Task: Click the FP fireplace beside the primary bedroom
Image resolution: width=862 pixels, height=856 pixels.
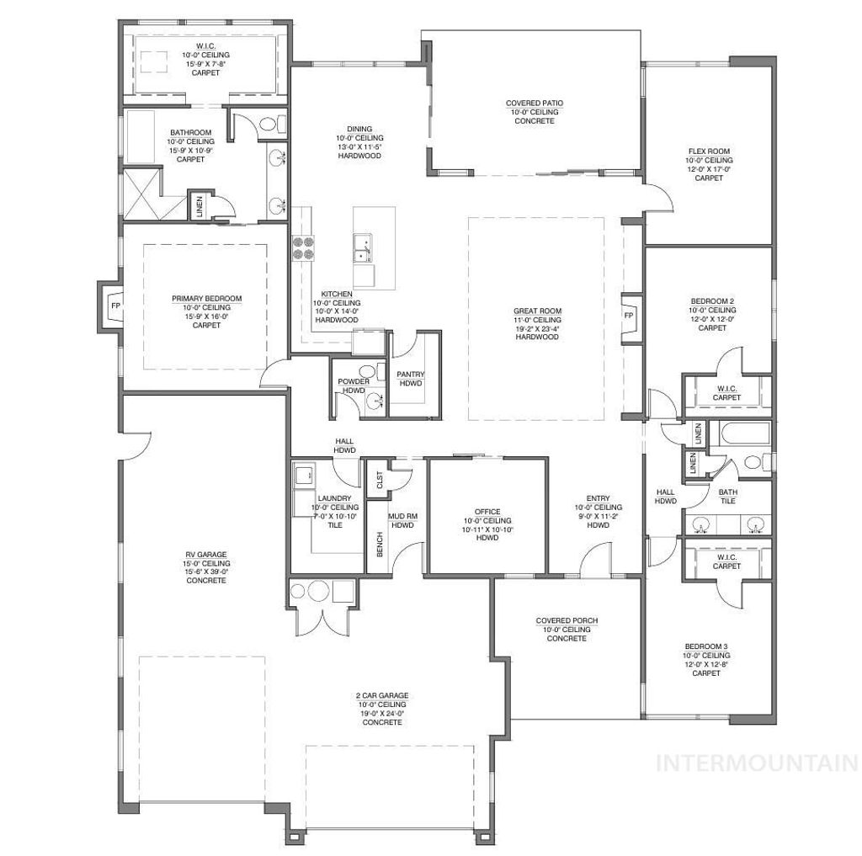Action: tap(114, 306)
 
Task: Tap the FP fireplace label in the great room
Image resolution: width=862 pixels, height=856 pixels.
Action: tap(628, 316)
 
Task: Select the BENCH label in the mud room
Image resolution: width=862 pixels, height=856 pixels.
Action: tap(380, 545)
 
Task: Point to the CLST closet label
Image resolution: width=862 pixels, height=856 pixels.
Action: tap(380, 481)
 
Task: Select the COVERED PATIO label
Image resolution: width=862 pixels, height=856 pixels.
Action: tap(535, 104)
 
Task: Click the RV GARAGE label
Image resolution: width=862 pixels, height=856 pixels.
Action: tap(206, 554)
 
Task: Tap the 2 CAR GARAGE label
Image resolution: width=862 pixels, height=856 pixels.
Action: tap(381, 695)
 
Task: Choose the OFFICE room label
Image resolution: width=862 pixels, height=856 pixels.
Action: tap(487, 512)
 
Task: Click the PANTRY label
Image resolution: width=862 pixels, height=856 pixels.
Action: tap(411, 375)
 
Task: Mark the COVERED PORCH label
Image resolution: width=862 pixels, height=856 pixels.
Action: tap(567, 621)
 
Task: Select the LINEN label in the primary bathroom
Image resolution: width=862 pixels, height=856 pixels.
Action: tap(200, 207)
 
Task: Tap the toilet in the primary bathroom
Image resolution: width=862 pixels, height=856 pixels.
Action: tap(269, 125)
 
